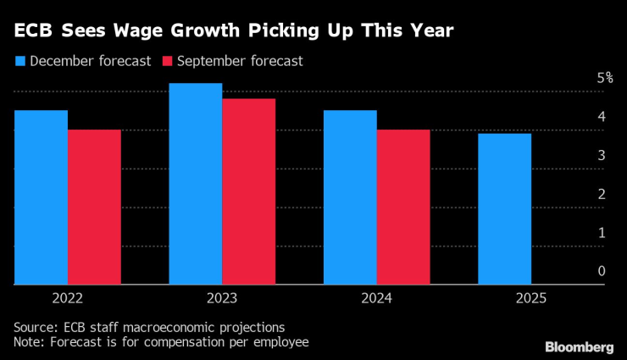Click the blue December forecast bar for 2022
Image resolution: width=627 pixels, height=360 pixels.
point(41,197)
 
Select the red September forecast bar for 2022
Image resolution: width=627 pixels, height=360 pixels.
point(94,208)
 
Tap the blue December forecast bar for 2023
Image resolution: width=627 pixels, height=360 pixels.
point(196,184)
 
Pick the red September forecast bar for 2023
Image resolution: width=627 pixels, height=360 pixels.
point(249,191)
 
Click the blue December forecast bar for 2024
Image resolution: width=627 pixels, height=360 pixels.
point(350,197)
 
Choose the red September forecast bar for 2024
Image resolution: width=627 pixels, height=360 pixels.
point(403,208)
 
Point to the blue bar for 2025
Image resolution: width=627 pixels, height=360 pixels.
point(505,209)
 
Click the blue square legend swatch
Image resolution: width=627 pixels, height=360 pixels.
point(19,61)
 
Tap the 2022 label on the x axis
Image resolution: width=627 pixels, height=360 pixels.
point(68,298)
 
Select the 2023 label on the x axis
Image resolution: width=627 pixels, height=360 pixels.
point(222,298)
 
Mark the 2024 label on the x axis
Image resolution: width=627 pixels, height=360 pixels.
point(376,298)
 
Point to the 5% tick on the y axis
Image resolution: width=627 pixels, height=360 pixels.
point(604,78)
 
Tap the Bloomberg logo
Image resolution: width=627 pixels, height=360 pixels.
point(579,346)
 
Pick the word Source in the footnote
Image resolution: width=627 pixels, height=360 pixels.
point(35,327)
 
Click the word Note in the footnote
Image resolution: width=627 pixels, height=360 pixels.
point(28,342)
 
